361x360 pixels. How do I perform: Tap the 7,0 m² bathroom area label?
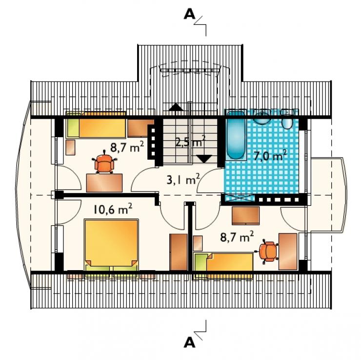[x=270, y=155]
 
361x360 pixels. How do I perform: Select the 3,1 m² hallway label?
[x=183, y=179]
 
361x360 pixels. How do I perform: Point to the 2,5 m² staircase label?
[x=190, y=142]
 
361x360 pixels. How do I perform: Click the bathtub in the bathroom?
[x=236, y=135]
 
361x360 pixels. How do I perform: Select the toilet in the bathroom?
[x=287, y=120]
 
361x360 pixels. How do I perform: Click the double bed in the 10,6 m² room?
[x=111, y=245]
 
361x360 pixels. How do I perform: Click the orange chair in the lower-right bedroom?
[x=267, y=251]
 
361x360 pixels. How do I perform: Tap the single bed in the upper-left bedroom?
[x=96, y=125]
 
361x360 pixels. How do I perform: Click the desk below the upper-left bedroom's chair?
[x=104, y=183]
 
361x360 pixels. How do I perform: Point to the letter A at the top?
[x=189, y=15]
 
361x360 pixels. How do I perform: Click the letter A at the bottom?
[x=189, y=343]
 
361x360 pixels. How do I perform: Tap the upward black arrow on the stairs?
[x=176, y=107]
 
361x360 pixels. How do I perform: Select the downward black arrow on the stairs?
[x=205, y=159]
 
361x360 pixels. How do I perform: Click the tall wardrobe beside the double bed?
[x=179, y=252]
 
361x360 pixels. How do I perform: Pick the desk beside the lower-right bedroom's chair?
[x=288, y=252]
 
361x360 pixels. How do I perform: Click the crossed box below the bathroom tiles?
[x=240, y=198]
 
